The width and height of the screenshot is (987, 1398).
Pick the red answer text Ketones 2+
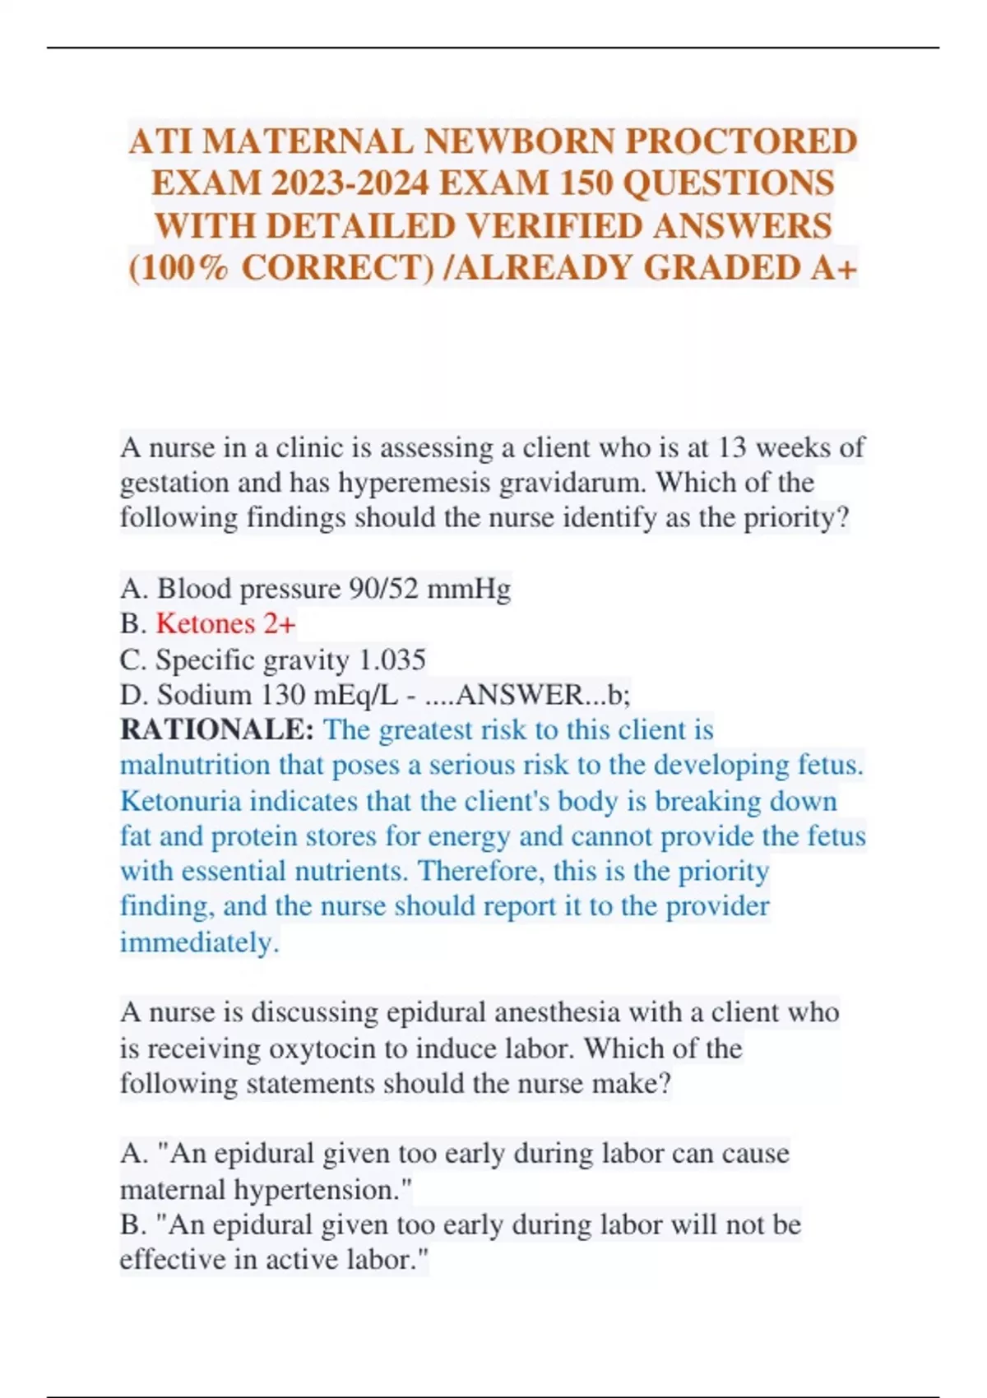coord(225,623)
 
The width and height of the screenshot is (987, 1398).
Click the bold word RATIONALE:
coord(217,730)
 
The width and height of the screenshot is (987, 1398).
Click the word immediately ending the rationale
coord(199,942)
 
